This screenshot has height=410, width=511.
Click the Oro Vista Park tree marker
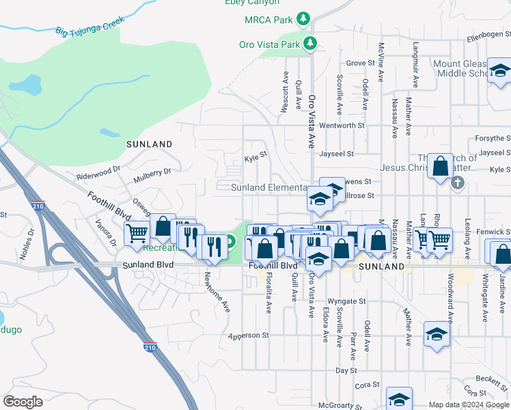pos(311,44)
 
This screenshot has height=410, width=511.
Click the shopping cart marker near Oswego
pos(137,234)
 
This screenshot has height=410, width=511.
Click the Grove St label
pos(361,63)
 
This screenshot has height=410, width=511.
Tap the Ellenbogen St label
pos(488,36)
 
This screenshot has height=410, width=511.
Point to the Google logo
pos(23,401)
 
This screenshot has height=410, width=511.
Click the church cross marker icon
pos(458,182)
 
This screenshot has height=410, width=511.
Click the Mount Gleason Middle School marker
pos(499,71)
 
